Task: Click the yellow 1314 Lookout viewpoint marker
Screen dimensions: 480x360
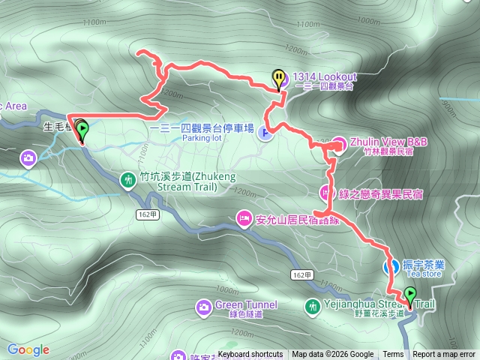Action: coord(279,78)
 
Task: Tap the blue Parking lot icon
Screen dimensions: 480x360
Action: coord(265,133)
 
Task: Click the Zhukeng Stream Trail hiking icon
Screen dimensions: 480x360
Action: coord(129,179)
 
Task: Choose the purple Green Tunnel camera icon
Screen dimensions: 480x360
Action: coord(203,307)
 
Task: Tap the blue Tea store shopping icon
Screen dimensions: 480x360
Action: coord(391,265)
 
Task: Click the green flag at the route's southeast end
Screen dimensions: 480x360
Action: coord(410,295)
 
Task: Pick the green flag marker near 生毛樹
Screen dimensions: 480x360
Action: coord(80,130)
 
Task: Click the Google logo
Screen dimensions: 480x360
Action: coord(28,349)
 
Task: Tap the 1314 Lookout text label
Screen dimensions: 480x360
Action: coord(325,77)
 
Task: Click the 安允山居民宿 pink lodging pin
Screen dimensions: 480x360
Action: coord(244,218)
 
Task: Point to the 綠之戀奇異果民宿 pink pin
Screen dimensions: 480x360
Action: coord(327,192)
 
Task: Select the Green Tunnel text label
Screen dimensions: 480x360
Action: coord(246,305)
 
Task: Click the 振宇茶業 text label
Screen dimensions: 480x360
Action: coord(423,265)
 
